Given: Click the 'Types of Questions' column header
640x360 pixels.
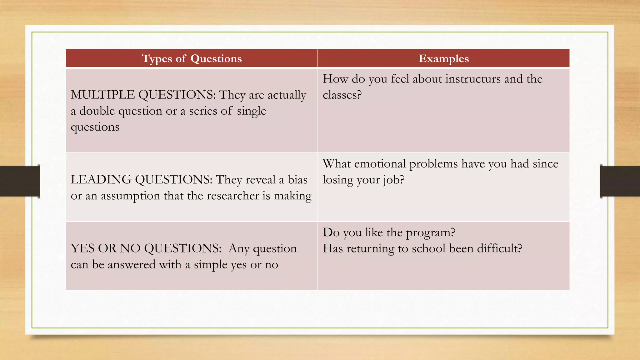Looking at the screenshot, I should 192,58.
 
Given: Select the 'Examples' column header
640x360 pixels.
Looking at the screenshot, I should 443,58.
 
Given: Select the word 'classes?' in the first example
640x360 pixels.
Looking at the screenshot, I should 342,95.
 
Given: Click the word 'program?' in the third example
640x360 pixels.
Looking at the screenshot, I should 430,233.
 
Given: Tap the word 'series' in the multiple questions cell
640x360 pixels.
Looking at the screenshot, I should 203,111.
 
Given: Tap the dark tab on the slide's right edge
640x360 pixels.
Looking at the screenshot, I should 620,181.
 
